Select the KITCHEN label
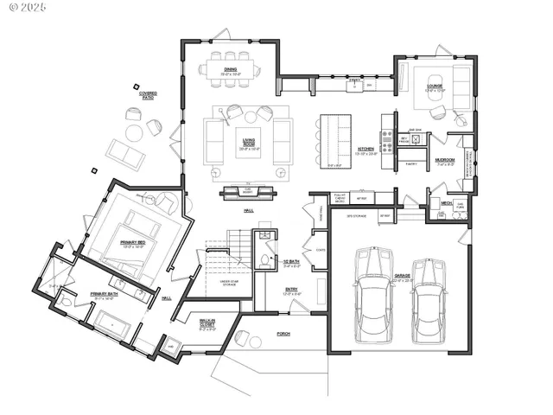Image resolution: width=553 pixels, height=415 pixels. (366, 150)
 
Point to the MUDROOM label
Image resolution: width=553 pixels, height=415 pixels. (445, 160)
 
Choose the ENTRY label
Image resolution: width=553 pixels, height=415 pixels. (290, 290)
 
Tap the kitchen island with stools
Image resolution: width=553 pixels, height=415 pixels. (338, 140)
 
